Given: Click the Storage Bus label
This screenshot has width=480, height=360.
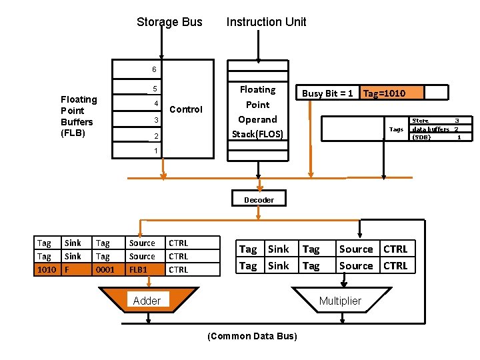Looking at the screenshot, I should pos(169,22).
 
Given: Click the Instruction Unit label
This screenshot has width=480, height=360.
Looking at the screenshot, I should pos(266,22).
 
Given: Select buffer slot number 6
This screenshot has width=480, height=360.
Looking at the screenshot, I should pos(153,69).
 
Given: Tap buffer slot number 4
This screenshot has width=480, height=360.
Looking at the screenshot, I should pos(155,103).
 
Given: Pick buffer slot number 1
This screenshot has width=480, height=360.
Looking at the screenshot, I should pos(155,151).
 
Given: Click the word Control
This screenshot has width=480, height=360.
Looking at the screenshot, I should pos(186,109).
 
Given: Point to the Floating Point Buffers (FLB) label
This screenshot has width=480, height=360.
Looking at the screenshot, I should pos(79,116).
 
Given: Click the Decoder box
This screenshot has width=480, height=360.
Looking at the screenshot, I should pos(259,199).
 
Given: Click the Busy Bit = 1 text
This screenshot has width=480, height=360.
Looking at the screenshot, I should pos(327,93).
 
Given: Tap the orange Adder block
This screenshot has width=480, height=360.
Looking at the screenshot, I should pos(147,301).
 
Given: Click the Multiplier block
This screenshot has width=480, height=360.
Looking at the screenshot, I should pos(340,301).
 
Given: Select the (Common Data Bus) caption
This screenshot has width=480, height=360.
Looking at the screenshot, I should pos(253,336).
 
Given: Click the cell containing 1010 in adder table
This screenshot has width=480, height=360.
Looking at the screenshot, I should pos(47,270).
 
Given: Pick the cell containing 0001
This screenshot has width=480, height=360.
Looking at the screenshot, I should pos(105,270).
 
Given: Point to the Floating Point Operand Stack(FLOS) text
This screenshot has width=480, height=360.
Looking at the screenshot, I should pos(257,112).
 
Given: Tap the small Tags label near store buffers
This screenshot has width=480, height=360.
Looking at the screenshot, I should pos(396,129).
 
